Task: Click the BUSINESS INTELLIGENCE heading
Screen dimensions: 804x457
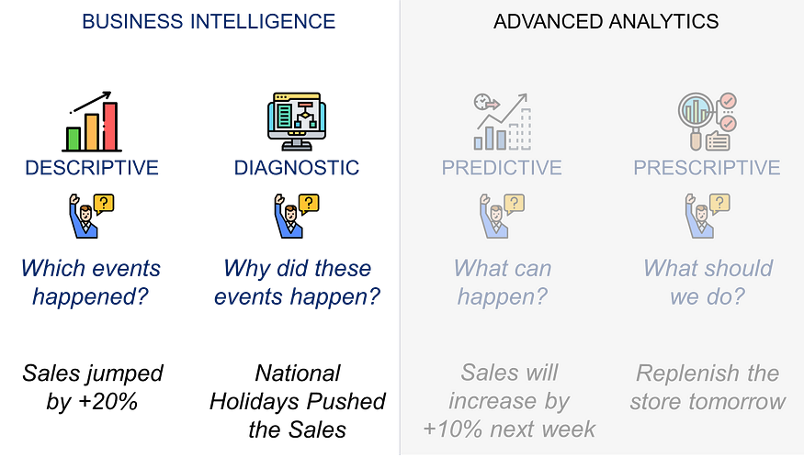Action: pos(209,21)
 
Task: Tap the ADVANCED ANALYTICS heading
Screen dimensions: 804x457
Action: pos(606,21)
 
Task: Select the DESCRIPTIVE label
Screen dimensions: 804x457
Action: pos(92,168)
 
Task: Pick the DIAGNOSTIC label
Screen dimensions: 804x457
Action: pos(297,168)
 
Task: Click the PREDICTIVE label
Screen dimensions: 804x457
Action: pos(502,168)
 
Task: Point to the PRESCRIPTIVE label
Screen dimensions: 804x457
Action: pos(707,168)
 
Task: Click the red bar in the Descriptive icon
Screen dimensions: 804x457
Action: pos(110,126)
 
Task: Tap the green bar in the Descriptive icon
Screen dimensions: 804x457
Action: pos(74,139)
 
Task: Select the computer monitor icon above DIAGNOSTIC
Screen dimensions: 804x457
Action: pos(297,121)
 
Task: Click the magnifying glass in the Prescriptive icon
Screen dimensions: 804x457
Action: pos(696,117)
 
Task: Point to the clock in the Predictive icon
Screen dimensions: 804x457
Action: pos(482,102)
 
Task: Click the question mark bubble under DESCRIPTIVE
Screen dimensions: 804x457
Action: pos(104,204)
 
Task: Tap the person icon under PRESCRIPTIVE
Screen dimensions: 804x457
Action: pos(699,217)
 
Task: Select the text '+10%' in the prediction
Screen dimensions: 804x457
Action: pos(453,429)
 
